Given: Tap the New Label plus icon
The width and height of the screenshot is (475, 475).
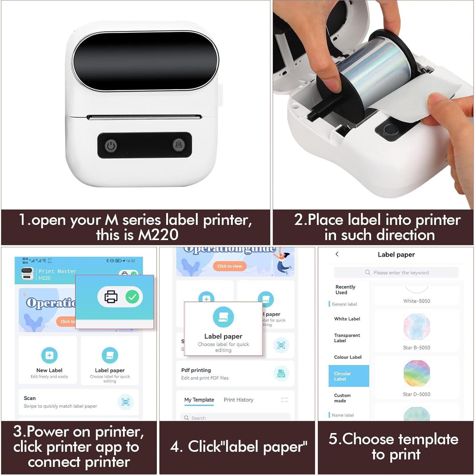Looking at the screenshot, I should [x=49, y=355].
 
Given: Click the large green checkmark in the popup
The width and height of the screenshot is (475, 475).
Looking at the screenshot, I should [x=132, y=297].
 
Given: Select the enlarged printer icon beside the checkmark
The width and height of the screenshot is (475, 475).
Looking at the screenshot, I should [x=111, y=297].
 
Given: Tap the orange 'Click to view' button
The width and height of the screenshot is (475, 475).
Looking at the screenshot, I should [x=229, y=266].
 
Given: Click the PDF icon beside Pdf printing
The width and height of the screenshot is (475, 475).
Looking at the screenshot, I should [x=281, y=374].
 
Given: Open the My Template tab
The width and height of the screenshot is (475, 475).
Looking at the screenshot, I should [x=199, y=400].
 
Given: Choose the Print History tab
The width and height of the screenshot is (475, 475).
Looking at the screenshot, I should [x=238, y=400].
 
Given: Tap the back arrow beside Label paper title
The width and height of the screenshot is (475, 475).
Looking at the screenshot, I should [x=337, y=254].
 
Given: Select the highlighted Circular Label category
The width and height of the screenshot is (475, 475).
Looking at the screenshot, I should [x=349, y=376].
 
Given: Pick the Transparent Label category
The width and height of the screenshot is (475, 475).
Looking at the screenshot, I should [x=347, y=338].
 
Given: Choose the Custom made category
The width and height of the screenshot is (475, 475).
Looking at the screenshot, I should [x=342, y=398].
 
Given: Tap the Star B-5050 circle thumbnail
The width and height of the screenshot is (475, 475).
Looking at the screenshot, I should [x=417, y=327].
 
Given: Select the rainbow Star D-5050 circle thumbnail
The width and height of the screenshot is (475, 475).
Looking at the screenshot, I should [x=417, y=373].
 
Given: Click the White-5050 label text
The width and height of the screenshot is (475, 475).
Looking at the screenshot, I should [x=417, y=301].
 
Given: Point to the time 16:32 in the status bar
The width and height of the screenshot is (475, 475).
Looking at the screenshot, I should [x=131, y=261].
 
